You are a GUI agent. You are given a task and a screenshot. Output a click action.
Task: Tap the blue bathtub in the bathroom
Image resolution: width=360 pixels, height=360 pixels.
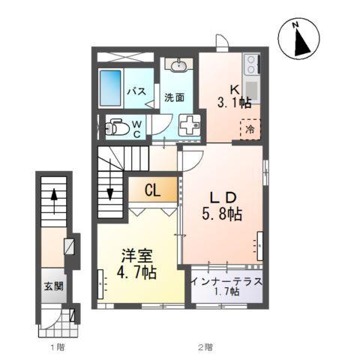pos(111,88)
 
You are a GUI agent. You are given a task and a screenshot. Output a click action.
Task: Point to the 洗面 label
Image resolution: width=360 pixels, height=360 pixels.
pos(175,97)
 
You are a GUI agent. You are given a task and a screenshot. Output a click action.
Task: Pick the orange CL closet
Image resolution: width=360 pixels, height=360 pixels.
pos(152,190)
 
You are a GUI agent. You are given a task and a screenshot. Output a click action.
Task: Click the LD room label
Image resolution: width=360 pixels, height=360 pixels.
pos(223,197)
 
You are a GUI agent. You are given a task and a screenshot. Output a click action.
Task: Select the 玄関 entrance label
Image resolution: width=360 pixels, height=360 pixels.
pos(52,286)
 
